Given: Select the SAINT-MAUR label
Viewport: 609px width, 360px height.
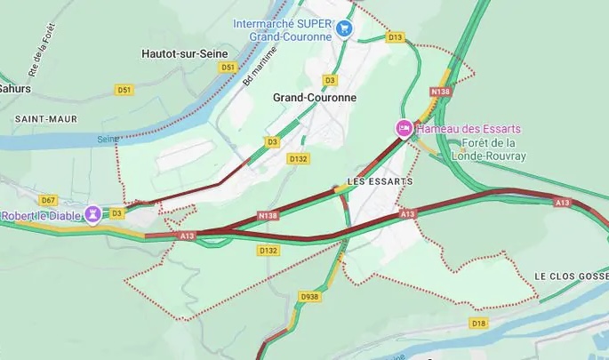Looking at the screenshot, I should point(45,118).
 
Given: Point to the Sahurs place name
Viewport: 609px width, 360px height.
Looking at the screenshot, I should point(15,89).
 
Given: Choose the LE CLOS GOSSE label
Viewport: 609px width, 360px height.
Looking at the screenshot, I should point(571,276).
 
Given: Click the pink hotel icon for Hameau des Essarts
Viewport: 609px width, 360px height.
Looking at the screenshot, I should point(403,129).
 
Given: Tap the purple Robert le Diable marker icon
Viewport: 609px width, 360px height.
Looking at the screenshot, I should point(92,215).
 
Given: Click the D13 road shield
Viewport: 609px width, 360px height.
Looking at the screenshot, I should point(395,37).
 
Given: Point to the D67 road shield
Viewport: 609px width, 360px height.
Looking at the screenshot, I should point(48,200).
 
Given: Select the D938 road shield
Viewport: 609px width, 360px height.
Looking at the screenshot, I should point(309,297).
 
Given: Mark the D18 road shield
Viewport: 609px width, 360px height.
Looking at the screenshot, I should point(478,324).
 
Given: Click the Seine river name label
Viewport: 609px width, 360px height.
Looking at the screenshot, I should point(108,139).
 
